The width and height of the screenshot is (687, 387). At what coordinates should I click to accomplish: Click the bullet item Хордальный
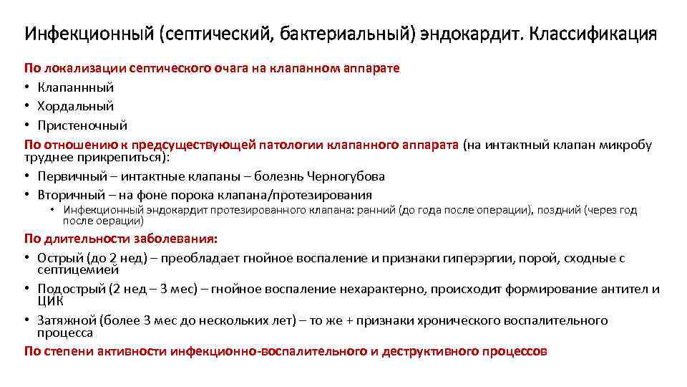(75, 106)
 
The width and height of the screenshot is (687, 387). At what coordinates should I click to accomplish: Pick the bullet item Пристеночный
(82, 125)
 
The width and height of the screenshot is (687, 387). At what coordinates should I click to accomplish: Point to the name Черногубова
(346, 176)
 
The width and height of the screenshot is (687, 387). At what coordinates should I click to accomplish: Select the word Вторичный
(69, 195)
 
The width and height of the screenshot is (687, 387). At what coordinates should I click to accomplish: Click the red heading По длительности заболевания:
(122, 239)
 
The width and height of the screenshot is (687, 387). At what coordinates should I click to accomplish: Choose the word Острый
(59, 258)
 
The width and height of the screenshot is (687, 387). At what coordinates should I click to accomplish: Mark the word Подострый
(70, 289)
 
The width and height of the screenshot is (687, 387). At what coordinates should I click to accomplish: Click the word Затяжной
(66, 320)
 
